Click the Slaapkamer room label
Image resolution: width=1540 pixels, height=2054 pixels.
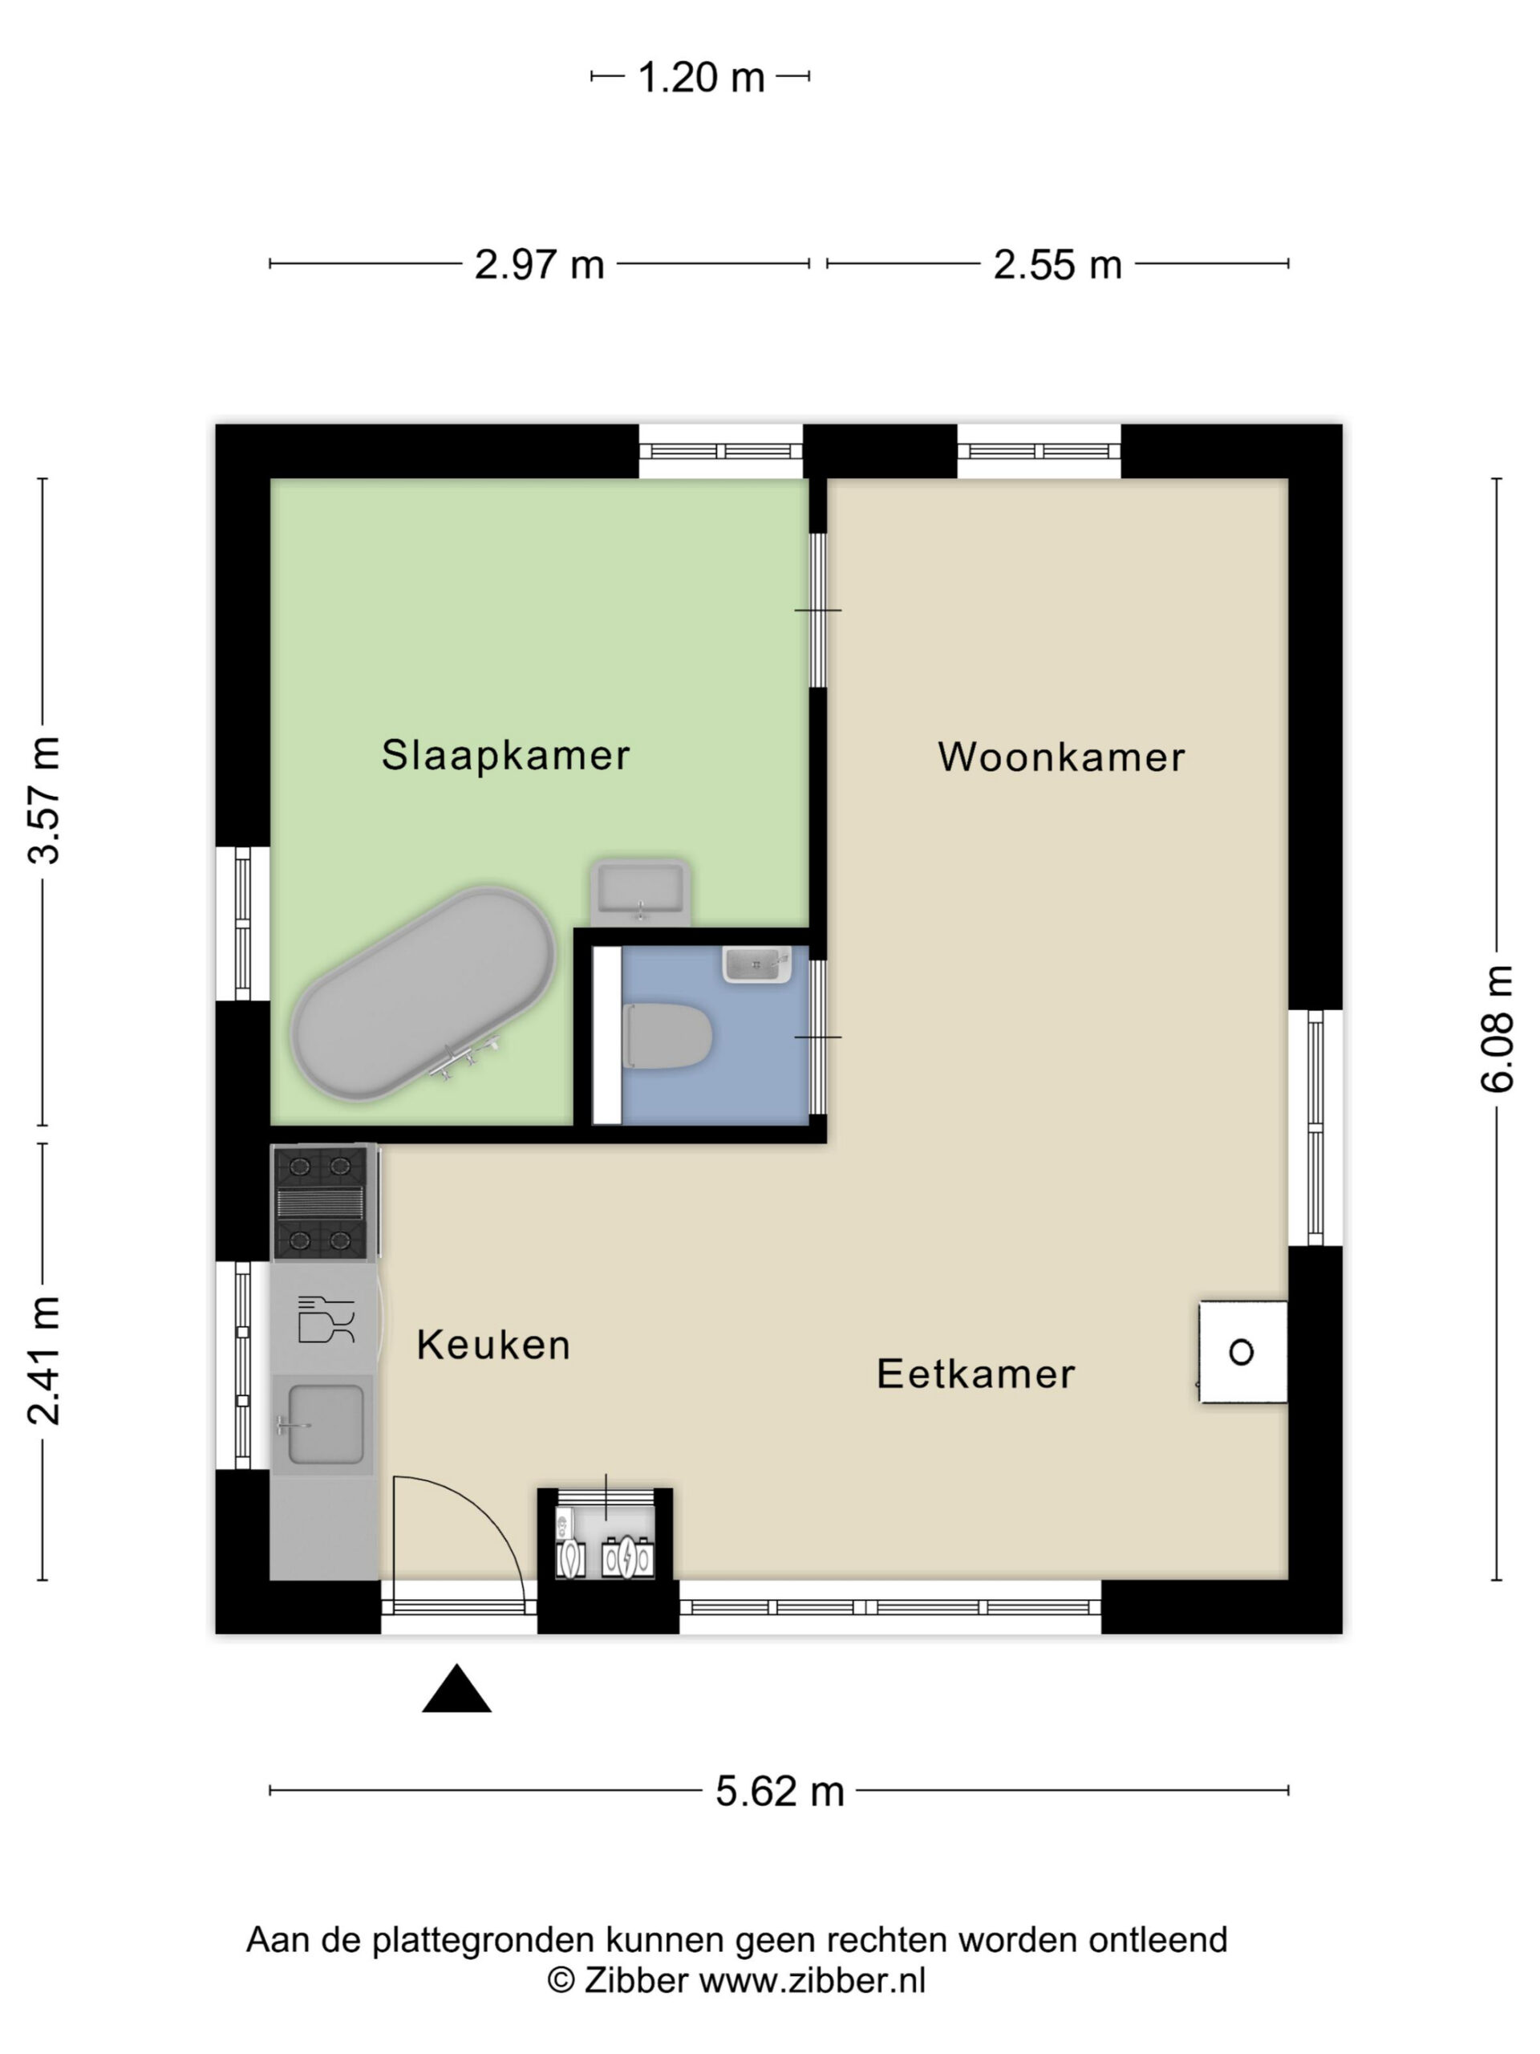click(x=505, y=755)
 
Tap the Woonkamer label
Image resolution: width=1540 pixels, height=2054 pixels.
click(x=1061, y=757)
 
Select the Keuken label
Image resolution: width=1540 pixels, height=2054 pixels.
click(x=493, y=1345)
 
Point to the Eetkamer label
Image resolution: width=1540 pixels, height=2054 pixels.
click(x=975, y=1374)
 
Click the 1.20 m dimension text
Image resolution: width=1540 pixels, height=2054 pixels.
click(x=701, y=77)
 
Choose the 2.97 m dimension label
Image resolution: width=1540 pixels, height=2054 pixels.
click(x=539, y=265)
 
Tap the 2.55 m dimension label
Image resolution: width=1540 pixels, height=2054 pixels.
click(x=1057, y=265)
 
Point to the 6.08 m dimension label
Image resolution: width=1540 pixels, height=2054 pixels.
click(x=1497, y=1028)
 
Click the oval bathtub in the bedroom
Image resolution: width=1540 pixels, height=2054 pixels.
click(x=423, y=993)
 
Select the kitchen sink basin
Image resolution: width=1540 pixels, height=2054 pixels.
click(x=325, y=1424)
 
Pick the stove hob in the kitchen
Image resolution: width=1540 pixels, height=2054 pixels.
click(x=321, y=1204)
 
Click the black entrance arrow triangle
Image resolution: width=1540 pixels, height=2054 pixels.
click(x=456, y=1688)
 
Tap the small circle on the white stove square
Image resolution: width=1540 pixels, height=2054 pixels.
click(x=1241, y=1352)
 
